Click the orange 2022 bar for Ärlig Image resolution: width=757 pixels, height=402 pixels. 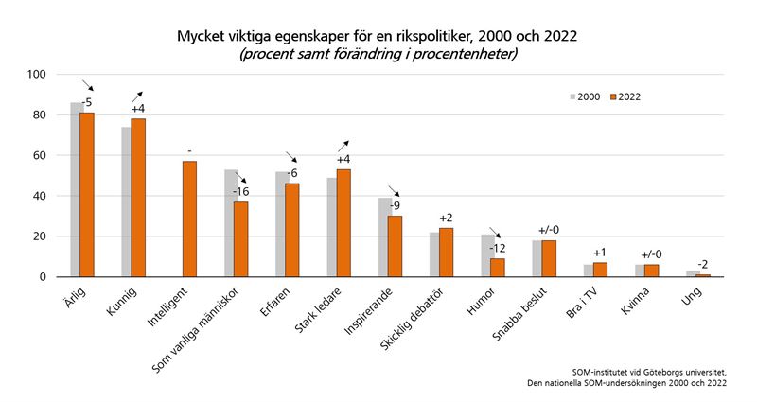[x=87, y=195]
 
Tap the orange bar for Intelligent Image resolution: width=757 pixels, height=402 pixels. [x=189, y=218]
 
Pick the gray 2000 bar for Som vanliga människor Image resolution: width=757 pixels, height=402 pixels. [x=231, y=223]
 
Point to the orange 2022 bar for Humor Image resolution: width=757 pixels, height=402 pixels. [x=497, y=268]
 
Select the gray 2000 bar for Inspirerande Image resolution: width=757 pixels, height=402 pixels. [x=385, y=237]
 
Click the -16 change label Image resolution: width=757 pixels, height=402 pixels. [x=240, y=192]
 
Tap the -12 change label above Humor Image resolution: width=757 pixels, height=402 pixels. [x=497, y=248]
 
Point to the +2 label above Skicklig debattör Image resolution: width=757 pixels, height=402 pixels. [x=446, y=218]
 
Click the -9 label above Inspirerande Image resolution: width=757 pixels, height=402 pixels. [x=395, y=206]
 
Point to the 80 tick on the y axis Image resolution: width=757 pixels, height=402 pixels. [x=38, y=115]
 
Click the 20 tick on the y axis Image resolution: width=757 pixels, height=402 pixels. [x=38, y=236]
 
